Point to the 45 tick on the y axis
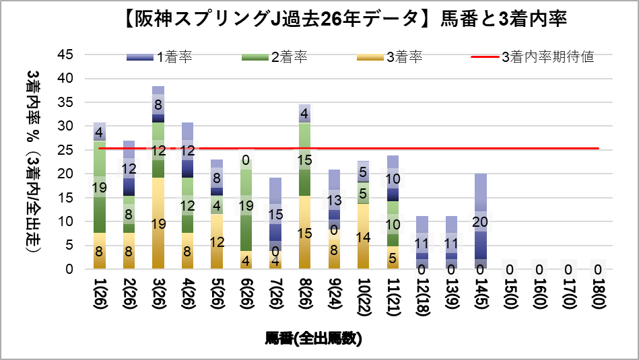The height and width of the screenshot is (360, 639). (70, 55)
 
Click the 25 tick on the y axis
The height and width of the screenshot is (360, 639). (70, 150)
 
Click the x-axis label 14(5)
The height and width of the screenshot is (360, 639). (480, 295)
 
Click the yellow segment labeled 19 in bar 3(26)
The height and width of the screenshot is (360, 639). (158, 223)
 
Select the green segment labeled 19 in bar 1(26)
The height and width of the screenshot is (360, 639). (100, 188)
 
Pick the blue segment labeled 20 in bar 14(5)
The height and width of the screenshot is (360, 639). (480, 221)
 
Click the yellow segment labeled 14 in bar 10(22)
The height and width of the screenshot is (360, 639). (363, 236)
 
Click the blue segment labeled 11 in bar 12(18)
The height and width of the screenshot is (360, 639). (422, 243)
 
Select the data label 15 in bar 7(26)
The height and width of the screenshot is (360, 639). (275, 215)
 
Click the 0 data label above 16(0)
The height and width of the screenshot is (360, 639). (539, 269)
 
